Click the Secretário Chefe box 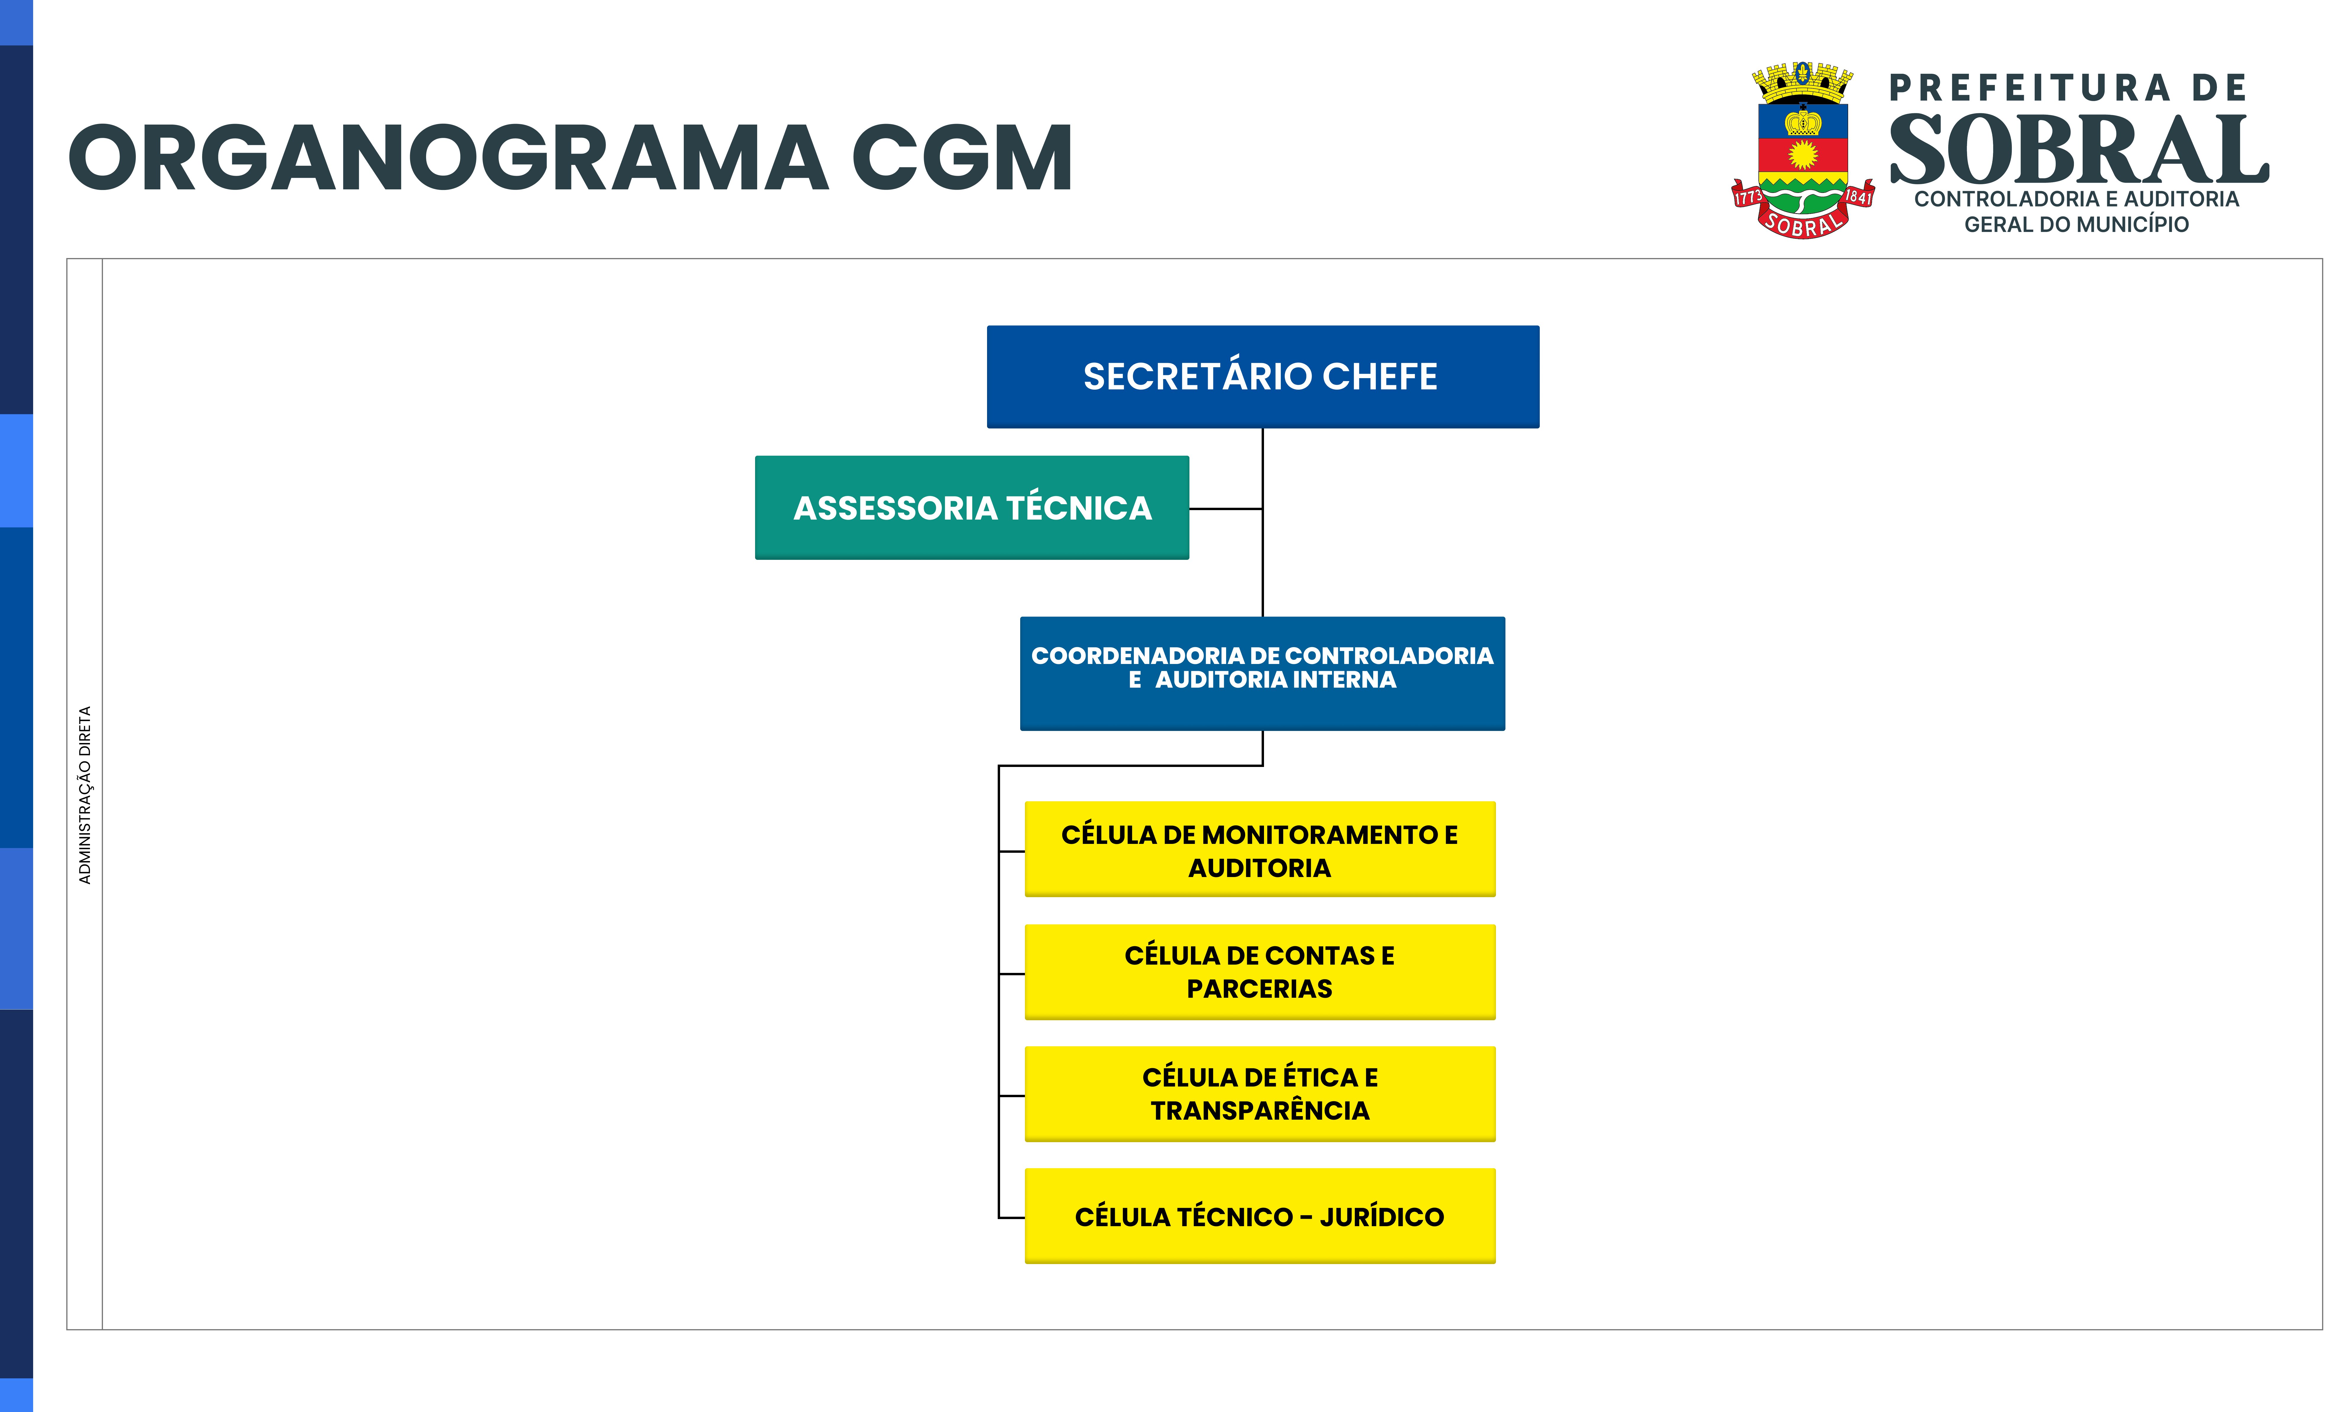(x=1263, y=376)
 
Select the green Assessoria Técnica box (x=972, y=507)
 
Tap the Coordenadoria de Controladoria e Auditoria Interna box (x=1263, y=673)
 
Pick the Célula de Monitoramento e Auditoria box (x=1260, y=849)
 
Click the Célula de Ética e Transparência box (x=1260, y=1094)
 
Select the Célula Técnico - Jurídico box (x=1260, y=1216)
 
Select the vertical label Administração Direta (x=85, y=794)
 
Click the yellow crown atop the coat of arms (x=1803, y=82)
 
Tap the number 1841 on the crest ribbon (x=1858, y=197)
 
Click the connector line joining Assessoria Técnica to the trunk (x=1226, y=508)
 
